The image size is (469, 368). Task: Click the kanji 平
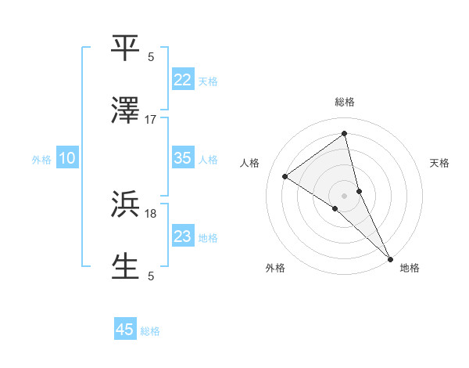pos(126,48)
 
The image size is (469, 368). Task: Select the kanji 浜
pos(126,204)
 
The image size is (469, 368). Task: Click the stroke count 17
pos(151,120)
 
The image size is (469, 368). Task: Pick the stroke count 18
pos(151,213)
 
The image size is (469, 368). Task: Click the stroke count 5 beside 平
pos(151,57)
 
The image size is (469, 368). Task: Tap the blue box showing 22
pos(183,80)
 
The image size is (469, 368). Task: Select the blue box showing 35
pos(183,158)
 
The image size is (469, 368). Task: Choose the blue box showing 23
pos(183,236)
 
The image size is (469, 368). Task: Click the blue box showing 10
pos(67,158)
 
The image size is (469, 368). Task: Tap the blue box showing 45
pos(125,330)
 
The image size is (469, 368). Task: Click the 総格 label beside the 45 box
pos(150,331)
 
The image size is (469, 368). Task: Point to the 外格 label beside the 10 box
pos(41,160)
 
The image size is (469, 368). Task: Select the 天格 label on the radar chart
pos(439,163)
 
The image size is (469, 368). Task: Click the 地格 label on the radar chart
pos(410,269)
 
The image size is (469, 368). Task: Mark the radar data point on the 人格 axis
pos(285,176)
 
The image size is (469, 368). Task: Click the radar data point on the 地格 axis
pos(390,258)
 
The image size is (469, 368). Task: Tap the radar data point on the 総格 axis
pos(344,134)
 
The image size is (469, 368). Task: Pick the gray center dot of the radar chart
pos(344,194)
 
